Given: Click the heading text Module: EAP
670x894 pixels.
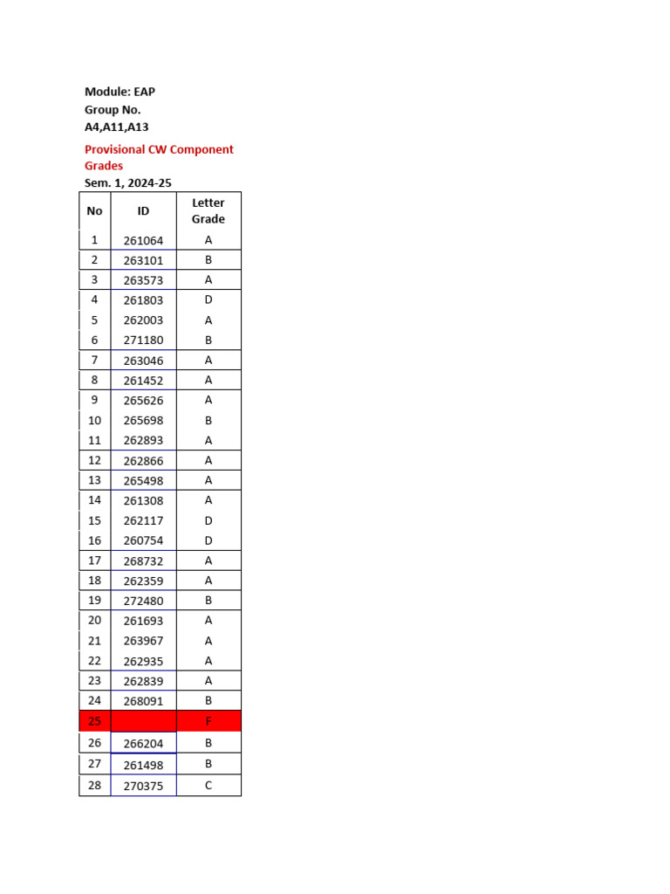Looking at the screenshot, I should coord(120,92).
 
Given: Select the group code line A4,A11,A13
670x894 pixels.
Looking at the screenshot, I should coord(116,127).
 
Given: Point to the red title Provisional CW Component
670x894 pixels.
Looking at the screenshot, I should coord(159,149).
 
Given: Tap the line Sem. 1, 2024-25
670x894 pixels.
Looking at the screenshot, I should coord(127,182).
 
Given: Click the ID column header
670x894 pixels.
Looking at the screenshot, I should coord(143,210).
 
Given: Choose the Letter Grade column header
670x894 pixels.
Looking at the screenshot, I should coord(209,210).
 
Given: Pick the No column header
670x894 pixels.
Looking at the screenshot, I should coord(94,210).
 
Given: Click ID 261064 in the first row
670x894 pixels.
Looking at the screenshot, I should coord(143,240).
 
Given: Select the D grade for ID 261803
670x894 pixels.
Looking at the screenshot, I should coord(209,299).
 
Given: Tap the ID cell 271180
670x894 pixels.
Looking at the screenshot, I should coord(143,340).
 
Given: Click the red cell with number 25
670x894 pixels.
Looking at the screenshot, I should coord(94,721).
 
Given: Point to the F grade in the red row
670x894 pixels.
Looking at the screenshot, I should coord(209,721).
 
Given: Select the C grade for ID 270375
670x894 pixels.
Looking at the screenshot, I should coord(209,785).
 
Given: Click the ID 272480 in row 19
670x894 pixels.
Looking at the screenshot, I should coord(143,601).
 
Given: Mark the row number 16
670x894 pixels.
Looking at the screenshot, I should coord(94,540).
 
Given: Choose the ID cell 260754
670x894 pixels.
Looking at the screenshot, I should coord(143,540).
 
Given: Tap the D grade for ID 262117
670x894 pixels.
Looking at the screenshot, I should coord(209,520).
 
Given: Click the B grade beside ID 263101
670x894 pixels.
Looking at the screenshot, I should coord(209,260).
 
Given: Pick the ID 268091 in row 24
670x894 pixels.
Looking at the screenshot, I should coord(143,701).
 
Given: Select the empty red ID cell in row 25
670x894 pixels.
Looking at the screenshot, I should coord(143,721).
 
